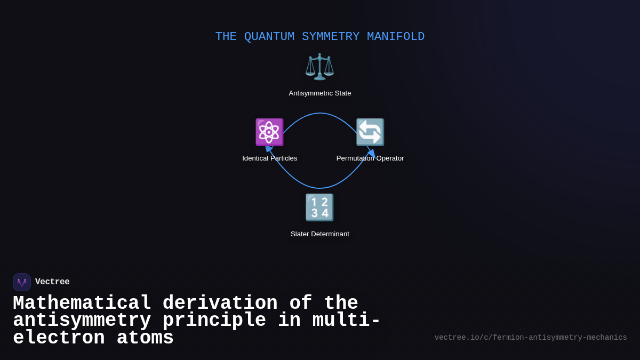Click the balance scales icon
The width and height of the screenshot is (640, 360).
click(x=319, y=67)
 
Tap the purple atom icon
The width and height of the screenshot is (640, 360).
click(x=269, y=132)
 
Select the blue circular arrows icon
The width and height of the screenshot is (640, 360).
click(x=370, y=132)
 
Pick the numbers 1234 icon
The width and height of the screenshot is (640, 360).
click(x=319, y=207)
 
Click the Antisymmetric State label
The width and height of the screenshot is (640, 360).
click(x=320, y=93)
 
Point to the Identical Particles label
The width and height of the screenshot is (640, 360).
click(x=270, y=158)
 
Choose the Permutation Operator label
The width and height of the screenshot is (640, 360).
click(x=370, y=158)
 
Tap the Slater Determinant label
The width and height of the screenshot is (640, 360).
click(x=320, y=234)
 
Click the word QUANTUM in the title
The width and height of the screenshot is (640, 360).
click(x=269, y=37)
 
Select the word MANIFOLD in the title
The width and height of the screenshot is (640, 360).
click(x=396, y=37)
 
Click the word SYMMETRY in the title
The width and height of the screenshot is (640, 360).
click(x=331, y=37)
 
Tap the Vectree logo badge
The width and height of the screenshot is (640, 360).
click(x=22, y=282)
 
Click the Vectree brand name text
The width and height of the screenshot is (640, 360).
click(x=52, y=282)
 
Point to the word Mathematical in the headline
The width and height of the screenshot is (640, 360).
click(x=82, y=303)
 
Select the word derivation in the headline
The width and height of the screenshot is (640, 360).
click(x=220, y=303)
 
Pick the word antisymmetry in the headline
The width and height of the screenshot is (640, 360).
click(x=82, y=321)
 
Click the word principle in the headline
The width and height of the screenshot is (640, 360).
click(x=214, y=321)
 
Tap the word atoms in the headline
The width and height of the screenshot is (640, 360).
click(x=145, y=338)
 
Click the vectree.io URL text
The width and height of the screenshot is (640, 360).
click(x=531, y=338)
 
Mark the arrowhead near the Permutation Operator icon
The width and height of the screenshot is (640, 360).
click(x=372, y=153)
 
